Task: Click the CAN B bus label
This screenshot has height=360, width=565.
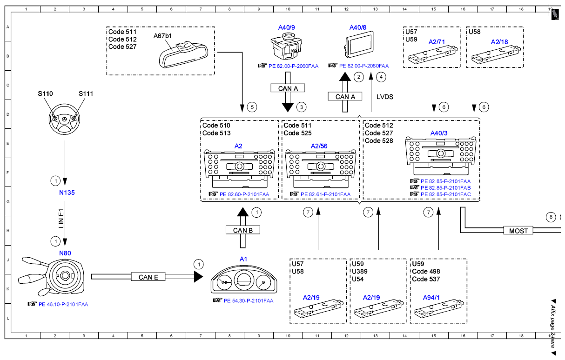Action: click(x=242, y=230)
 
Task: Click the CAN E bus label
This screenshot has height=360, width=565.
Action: click(x=148, y=277)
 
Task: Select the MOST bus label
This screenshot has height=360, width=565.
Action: click(x=518, y=230)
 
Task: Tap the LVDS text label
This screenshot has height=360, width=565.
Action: click(x=384, y=97)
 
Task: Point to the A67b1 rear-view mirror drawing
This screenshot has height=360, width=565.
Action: click(x=184, y=55)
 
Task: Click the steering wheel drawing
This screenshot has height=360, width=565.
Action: click(x=64, y=119)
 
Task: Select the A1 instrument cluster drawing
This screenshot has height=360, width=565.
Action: click(x=244, y=280)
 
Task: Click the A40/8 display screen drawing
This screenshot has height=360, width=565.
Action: click(x=359, y=44)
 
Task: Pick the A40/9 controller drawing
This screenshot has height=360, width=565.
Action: click(x=286, y=47)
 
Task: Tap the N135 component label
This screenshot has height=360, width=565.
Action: click(x=67, y=193)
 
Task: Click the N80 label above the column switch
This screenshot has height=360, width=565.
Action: click(x=65, y=253)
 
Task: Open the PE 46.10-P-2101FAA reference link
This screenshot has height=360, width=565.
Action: click(x=63, y=304)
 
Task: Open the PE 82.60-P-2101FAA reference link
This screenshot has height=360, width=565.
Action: click(x=244, y=194)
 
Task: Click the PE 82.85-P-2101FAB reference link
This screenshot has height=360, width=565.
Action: click(x=445, y=188)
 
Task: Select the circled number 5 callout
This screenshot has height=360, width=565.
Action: click(x=252, y=107)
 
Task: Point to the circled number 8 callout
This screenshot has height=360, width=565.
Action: click(x=551, y=217)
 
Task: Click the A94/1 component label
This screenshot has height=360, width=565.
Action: click(x=431, y=298)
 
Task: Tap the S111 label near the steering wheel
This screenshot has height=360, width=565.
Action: click(x=86, y=94)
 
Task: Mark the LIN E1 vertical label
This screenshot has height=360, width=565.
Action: click(x=61, y=218)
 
